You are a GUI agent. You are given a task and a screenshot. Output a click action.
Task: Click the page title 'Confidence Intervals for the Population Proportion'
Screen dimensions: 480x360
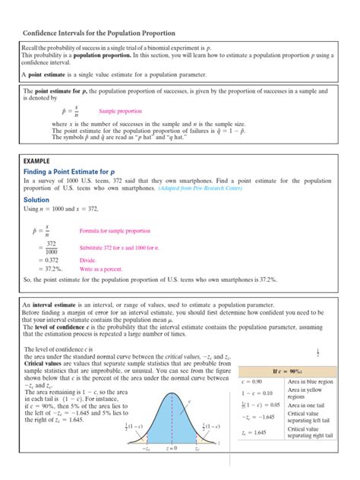pos(99,34)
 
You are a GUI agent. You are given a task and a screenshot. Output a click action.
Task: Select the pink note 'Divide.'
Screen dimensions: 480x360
pos(89,261)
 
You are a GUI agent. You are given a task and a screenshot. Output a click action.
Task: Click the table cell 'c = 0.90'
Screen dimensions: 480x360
pos(252,381)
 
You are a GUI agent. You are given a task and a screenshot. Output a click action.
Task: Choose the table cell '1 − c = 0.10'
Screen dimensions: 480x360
pos(257,393)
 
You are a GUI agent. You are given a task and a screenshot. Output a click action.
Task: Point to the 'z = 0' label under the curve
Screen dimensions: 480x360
pos(174,471)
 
